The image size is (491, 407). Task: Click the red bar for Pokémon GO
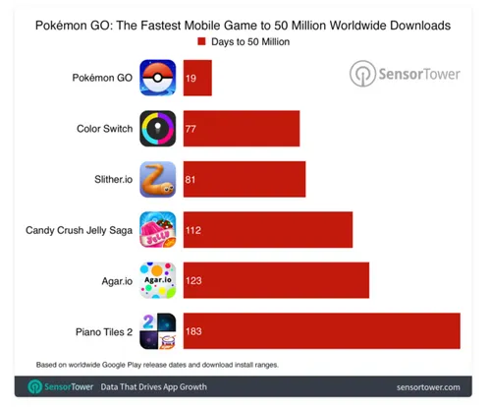196,78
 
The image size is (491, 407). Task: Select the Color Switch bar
241,129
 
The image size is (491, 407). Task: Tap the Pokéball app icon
158,78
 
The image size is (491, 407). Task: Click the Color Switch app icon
158,129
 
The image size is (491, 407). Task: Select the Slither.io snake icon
158,179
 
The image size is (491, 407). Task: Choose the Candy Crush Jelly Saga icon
158,230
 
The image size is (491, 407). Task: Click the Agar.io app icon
158,280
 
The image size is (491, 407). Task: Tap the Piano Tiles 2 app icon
158,331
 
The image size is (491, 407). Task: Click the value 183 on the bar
194,332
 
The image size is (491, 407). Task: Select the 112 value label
194,231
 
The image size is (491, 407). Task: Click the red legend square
201,42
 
